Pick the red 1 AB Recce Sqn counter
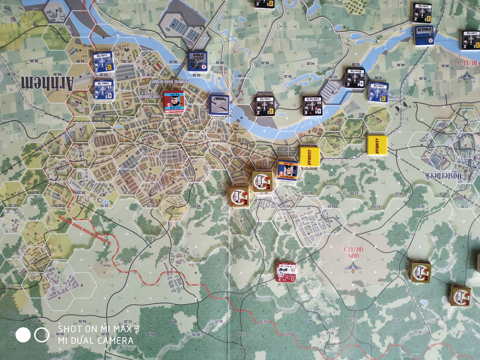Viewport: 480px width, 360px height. coord(286,272)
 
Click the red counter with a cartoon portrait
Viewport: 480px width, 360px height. coord(173,101)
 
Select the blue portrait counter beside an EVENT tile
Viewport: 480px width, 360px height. coord(287,171)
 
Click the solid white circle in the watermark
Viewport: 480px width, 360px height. coord(23,335)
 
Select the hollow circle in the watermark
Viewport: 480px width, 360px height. coord(41,335)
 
